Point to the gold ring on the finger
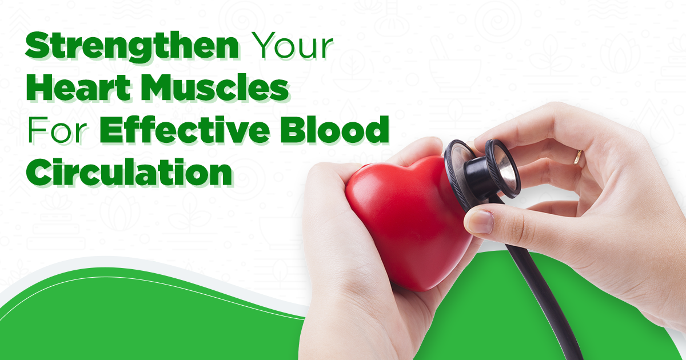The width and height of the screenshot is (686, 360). coord(579,157)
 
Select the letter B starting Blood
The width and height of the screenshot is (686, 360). coord(306,131)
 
